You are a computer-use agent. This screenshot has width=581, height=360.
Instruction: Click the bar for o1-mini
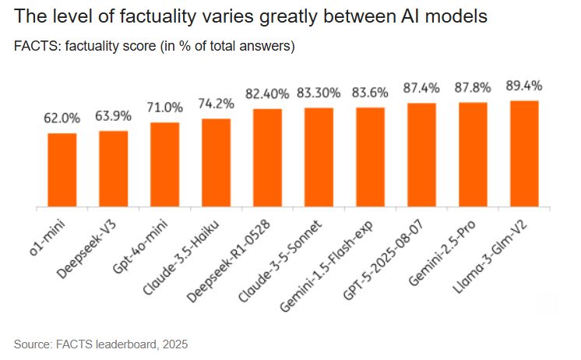(x=62, y=170)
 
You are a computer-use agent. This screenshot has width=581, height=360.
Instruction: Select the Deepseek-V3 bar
(x=114, y=168)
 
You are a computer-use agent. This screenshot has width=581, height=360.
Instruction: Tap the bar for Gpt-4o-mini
(x=165, y=164)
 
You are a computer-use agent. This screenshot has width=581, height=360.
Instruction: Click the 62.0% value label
(x=62, y=118)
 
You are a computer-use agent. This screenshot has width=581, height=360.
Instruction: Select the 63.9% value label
(x=114, y=116)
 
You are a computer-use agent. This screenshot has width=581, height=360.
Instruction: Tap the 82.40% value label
(x=268, y=94)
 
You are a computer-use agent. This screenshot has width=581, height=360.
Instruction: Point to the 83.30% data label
(x=319, y=93)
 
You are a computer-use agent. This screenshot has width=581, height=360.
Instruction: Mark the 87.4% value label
(x=421, y=88)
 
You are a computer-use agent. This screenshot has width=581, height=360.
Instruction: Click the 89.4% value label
(x=524, y=85)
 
